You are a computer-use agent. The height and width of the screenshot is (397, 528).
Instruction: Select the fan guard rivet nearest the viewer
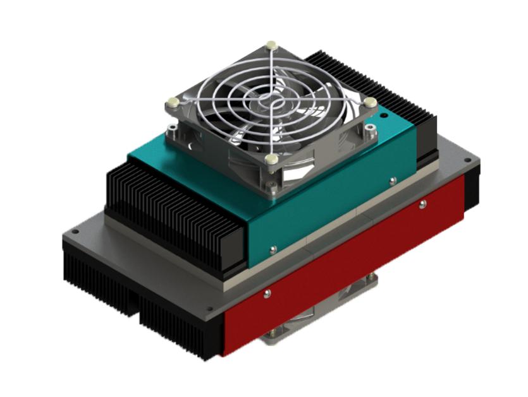click(271, 159)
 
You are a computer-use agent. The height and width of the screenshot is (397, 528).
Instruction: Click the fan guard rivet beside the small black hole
click(371, 102)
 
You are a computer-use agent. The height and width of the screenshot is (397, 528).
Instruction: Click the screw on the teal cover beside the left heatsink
click(273, 249)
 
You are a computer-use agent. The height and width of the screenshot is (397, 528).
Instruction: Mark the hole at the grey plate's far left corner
click(75, 232)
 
